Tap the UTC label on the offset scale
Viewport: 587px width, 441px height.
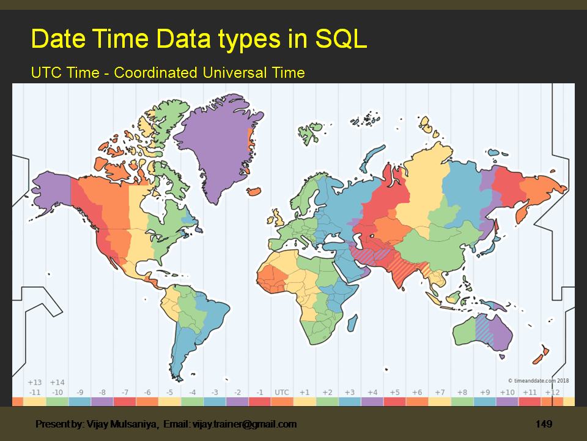click(x=282, y=392)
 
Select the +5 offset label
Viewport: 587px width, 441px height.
click(x=394, y=392)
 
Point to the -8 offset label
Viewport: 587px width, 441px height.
click(x=102, y=392)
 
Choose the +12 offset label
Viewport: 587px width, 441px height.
click(x=552, y=392)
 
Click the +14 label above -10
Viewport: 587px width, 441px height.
click(x=57, y=383)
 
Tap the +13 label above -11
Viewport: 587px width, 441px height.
click(x=35, y=383)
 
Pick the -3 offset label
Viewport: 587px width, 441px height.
click(x=215, y=392)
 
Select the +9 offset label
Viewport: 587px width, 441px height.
click(x=484, y=392)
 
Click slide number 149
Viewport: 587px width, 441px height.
click(x=544, y=424)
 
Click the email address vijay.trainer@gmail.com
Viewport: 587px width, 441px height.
click(x=245, y=424)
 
